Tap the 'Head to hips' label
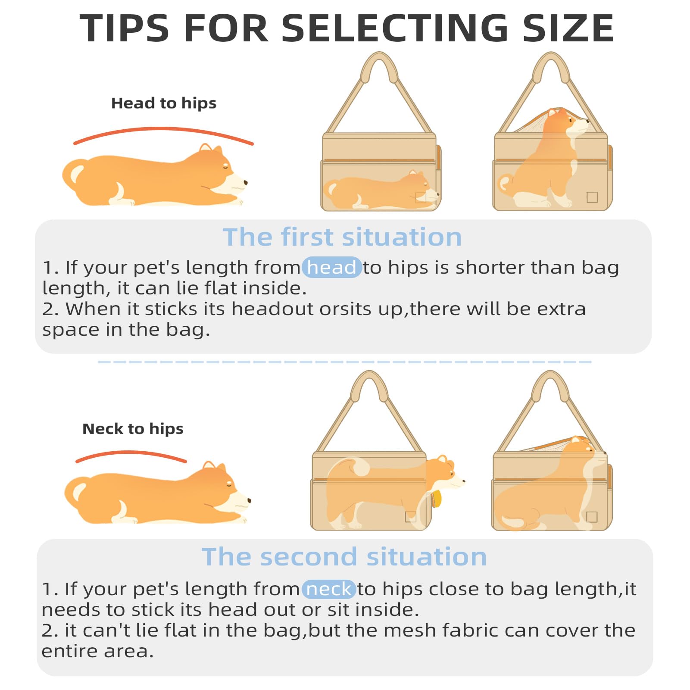[x=164, y=103]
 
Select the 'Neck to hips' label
[x=133, y=429]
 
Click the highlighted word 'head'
[x=331, y=267]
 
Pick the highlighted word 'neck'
[x=328, y=589]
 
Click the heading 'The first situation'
[x=342, y=237]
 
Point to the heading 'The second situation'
[x=344, y=556]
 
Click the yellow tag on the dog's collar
[x=437, y=499]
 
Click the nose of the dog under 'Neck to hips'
[x=249, y=500]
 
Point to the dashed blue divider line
[x=345, y=362]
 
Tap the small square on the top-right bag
[x=592, y=197]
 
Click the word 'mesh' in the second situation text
[x=409, y=631]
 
